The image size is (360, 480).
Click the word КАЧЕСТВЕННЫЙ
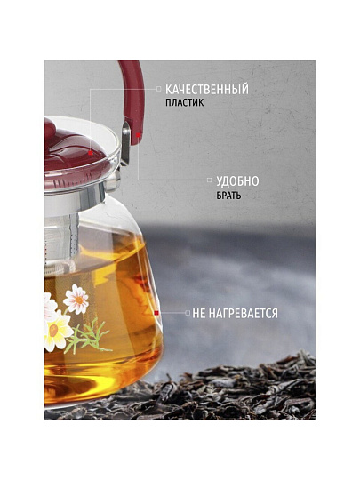(x=207, y=90)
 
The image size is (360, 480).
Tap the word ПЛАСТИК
(x=185, y=102)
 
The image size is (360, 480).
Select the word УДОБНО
(x=237, y=181)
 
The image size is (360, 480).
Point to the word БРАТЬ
(x=228, y=196)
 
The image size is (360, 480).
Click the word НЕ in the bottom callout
(x=198, y=314)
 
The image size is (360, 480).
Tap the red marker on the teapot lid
(x=91, y=153)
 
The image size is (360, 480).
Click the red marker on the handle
(x=139, y=135)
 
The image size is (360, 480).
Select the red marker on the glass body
(x=156, y=313)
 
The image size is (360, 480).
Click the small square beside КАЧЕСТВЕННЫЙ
(x=158, y=89)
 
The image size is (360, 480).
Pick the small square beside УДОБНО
(x=210, y=180)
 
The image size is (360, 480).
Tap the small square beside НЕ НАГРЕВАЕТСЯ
(x=188, y=313)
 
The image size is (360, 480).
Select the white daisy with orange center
(x=76, y=299)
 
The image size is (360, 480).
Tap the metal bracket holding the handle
(x=125, y=144)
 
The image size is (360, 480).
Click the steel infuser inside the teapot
(x=61, y=242)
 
